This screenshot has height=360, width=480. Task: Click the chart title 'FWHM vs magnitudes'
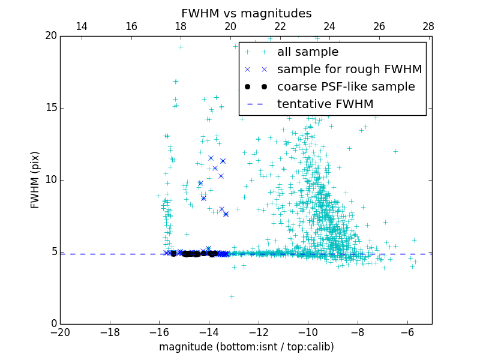pyautogui.click(x=246, y=13)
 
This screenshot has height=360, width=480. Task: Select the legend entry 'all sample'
pyautogui.click(x=307, y=52)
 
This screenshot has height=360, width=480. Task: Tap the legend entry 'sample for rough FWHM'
pyautogui.click(x=349, y=70)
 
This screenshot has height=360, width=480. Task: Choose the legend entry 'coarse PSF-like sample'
pyautogui.click(x=346, y=87)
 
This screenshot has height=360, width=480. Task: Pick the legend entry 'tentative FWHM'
pyautogui.click(x=325, y=104)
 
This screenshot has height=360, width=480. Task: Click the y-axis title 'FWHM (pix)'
pyautogui.click(x=35, y=180)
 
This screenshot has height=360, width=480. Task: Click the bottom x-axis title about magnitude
pyautogui.click(x=246, y=347)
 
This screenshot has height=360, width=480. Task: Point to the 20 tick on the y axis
pyautogui.click(x=50, y=36)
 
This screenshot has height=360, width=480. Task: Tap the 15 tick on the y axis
pyautogui.click(x=50, y=108)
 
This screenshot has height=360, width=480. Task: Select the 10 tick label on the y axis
pyautogui.click(x=50, y=180)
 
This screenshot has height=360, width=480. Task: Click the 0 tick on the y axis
pyautogui.click(x=53, y=324)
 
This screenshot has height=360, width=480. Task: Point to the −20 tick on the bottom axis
pyautogui.click(x=60, y=332)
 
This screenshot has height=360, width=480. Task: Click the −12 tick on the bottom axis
pyautogui.click(x=258, y=332)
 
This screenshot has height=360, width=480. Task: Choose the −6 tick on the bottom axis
pyautogui.click(x=407, y=332)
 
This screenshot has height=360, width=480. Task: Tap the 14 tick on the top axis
pyautogui.click(x=82, y=26)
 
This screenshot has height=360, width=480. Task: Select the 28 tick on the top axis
pyautogui.click(x=428, y=26)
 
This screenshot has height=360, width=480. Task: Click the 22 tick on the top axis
pyautogui.click(x=280, y=26)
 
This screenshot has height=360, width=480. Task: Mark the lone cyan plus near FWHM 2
pyautogui.click(x=232, y=296)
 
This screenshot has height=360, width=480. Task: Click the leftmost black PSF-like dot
pyautogui.click(x=173, y=254)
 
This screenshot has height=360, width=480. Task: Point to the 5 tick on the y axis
pyautogui.click(x=53, y=252)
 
